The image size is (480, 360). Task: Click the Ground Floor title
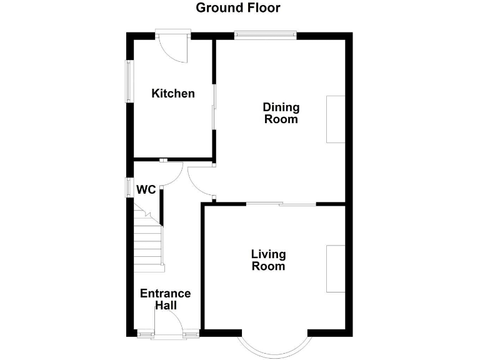click(x=238, y=8)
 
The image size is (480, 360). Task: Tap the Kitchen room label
click(x=173, y=94)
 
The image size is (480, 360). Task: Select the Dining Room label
click(x=281, y=113)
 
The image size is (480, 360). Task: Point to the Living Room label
click(x=268, y=260)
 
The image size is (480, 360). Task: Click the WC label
click(x=146, y=189)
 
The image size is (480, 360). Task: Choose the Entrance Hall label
click(x=165, y=299)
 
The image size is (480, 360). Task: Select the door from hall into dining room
click(x=199, y=182)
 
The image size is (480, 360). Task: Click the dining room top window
click(x=266, y=35)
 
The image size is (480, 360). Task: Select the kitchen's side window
click(x=129, y=81)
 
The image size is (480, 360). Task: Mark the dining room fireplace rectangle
click(x=335, y=119)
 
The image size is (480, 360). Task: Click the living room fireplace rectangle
click(x=335, y=269)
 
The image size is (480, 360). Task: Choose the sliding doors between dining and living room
click(x=281, y=204)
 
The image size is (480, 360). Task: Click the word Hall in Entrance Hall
click(x=166, y=306)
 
